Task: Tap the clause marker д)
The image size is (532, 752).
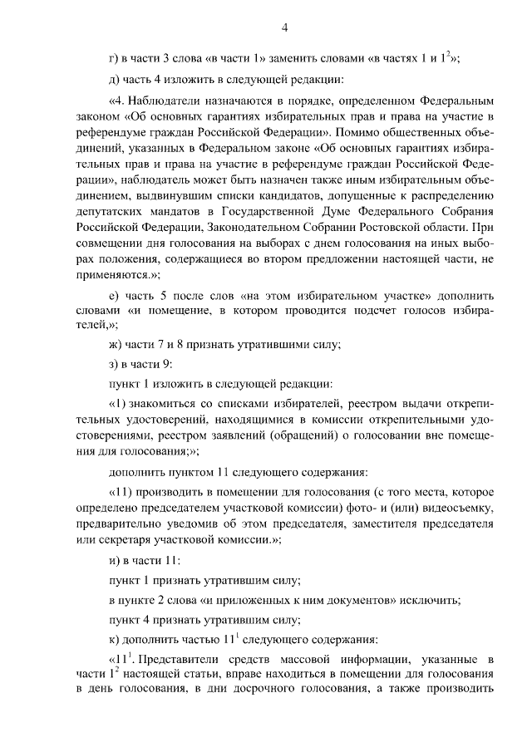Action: (114, 81)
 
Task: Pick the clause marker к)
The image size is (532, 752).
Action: (114, 640)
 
